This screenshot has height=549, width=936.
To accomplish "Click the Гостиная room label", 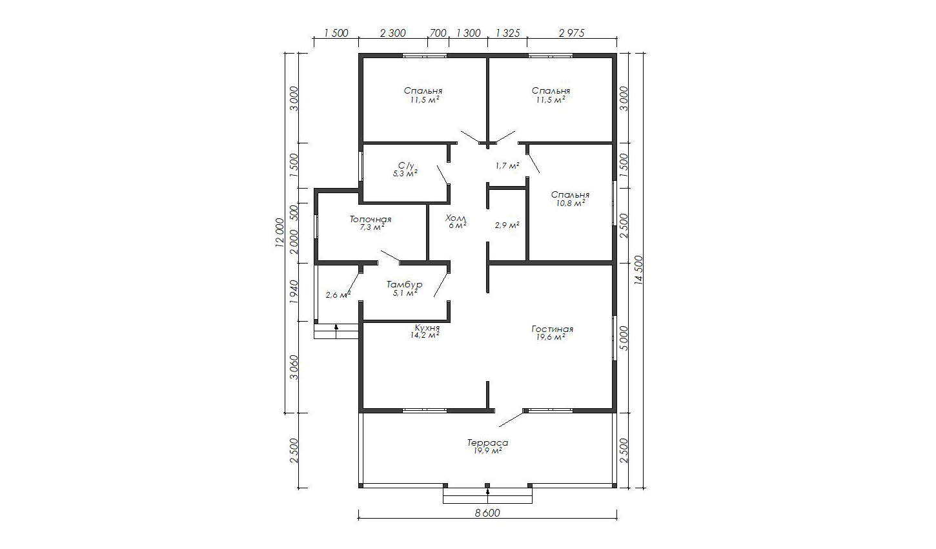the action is click(x=553, y=329).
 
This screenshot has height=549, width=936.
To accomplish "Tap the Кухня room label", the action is click(x=427, y=327).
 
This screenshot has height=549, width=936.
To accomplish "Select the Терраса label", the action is click(x=487, y=442).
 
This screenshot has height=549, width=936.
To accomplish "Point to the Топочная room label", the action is click(x=371, y=219).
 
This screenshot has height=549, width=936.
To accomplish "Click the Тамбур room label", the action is click(x=404, y=285).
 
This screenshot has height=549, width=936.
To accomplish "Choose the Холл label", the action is click(x=456, y=218).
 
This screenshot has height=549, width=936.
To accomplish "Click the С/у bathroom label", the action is click(x=405, y=165).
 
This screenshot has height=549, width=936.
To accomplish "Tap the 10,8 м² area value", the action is click(x=571, y=203).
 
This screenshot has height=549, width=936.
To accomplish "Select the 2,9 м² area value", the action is click(x=507, y=225).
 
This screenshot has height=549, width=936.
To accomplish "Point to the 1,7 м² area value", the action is click(x=507, y=165).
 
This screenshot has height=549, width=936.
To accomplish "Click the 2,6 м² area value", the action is click(x=338, y=295).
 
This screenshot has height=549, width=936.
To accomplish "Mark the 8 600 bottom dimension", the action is click(x=487, y=513).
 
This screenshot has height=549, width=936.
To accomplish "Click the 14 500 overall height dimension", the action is click(x=638, y=270).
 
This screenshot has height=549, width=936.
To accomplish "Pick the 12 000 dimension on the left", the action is click(x=280, y=233).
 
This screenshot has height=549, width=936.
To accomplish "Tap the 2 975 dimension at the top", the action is click(x=572, y=33).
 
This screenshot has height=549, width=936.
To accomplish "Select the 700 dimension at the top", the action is click(x=438, y=33).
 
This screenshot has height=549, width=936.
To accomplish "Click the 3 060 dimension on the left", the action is click(x=294, y=367).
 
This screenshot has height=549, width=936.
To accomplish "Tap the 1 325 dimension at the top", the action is click(x=507, y=33).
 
